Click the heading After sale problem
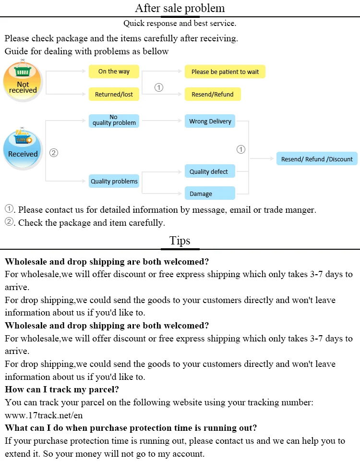[x=180, y=8]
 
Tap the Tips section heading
[x=180, y=241]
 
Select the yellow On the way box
[x=114, y=72]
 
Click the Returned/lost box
[x=114, y=94]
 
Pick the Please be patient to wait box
[x=225, y=72]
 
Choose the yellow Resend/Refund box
[x=212, y=94]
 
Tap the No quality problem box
[x=114, y=120]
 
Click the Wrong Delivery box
[x=210, y=121]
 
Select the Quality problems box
[x=114, y=181]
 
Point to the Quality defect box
[x=210, y=171]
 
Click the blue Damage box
[x=210, y=194]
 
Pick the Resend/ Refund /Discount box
[x=317, y=159]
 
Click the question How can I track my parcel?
[x=62, y=389]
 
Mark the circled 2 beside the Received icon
[x=54, y=153]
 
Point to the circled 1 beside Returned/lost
[x=159, y=87]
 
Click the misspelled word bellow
[x=156, y=51]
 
